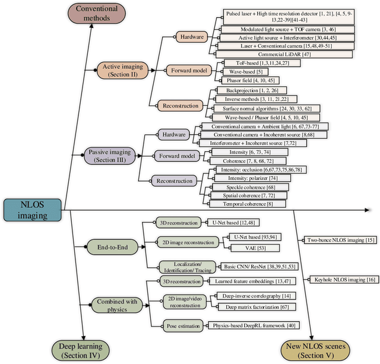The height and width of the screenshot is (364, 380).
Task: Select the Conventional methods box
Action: [96, 13]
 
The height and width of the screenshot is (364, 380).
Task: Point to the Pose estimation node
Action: [176, 325]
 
